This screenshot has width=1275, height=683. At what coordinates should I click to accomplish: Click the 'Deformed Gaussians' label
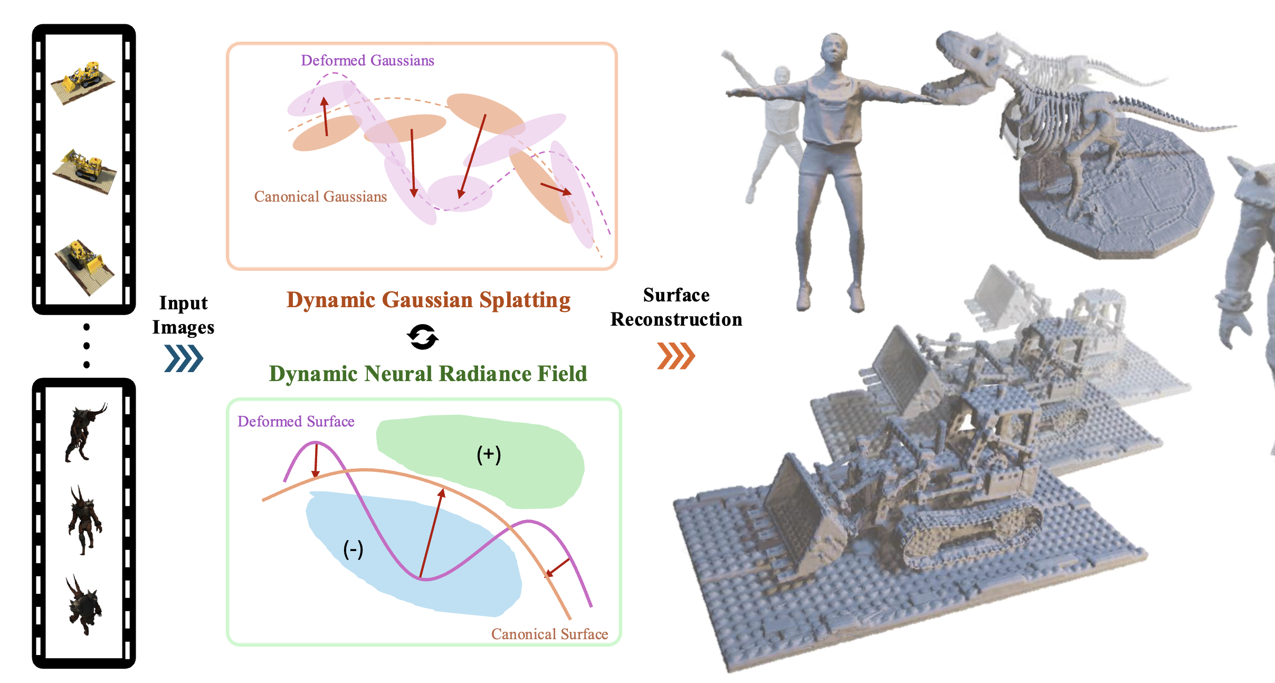point(367,61)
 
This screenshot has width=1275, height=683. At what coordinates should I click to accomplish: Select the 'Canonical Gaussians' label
point(320,197)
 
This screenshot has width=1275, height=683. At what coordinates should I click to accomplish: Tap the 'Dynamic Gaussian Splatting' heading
point(429,300)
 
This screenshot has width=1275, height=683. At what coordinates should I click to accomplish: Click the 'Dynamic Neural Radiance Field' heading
point(428,374)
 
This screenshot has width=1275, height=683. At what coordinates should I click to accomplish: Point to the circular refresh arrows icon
point(423,337)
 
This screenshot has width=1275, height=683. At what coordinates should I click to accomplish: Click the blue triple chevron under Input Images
point(184,358)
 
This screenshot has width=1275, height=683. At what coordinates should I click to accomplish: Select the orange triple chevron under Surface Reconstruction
point(676,356)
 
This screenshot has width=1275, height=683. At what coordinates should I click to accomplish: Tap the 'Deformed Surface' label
point(296,422)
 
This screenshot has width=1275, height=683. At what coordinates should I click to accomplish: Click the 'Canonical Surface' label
point(549,634)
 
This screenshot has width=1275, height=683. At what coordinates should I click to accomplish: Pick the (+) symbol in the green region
point(489,454)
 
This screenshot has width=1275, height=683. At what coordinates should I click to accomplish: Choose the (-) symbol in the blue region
point(353,549)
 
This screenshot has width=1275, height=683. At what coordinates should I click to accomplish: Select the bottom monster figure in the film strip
point(84,605)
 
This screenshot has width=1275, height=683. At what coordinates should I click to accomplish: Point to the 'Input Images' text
point(183,315)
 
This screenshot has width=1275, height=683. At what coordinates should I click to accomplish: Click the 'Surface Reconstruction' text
point(676,307)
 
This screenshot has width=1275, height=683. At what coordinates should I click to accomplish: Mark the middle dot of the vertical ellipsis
point(87,346)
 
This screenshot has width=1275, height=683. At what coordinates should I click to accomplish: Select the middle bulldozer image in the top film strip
point(84,171)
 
